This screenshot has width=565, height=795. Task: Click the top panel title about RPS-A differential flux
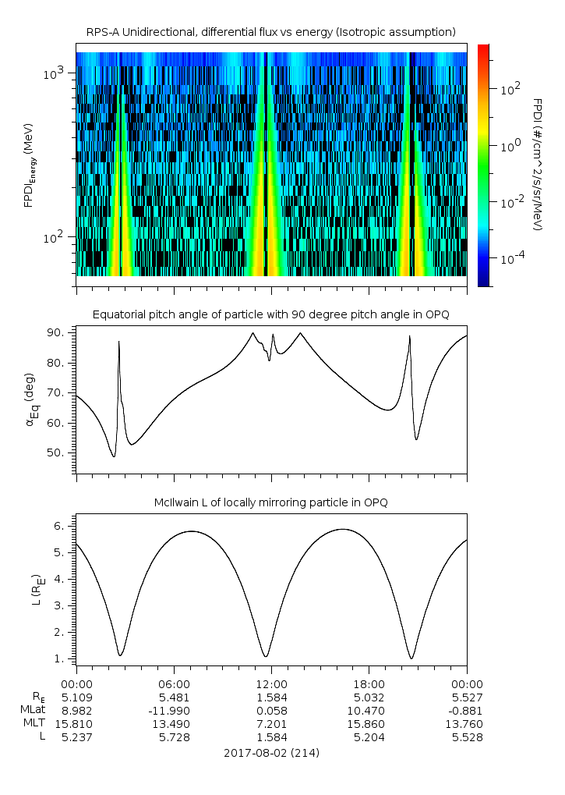(270, 32)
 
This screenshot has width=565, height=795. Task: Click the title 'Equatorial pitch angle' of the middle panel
(270, 314)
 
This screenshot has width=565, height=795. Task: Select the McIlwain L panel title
(270, 502)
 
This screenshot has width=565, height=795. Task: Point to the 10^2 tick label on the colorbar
(510, 89)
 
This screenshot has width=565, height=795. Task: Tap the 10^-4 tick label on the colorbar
(510, 257)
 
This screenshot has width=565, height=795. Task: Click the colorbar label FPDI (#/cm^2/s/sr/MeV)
(537, 165)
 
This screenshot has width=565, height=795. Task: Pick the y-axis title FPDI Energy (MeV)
(30, 165)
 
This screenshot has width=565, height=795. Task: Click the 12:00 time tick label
(271, 683)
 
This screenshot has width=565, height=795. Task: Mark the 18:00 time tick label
(369, 683)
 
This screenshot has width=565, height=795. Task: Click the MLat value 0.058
(271, 711)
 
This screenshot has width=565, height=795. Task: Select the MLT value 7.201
(271, 724)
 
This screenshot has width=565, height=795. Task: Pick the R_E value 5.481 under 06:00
(174, 697)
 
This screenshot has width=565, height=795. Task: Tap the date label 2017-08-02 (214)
(271, 753)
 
